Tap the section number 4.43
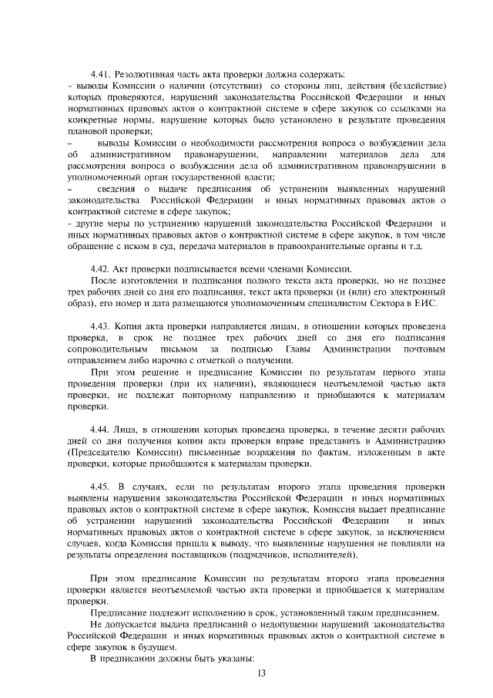[102, 326]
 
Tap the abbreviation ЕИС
[424, 304]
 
